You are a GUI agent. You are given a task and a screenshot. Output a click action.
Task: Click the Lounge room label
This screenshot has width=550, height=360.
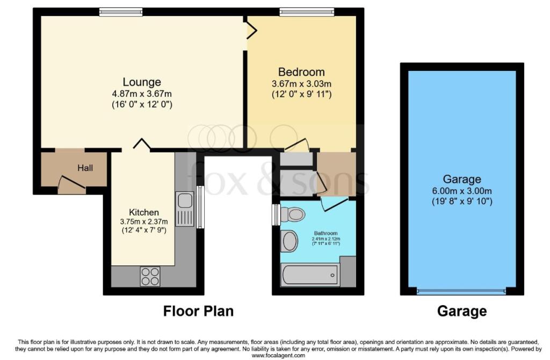[x=142, y=82]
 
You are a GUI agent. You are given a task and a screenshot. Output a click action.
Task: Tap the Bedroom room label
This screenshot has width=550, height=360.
[x=301, y=73]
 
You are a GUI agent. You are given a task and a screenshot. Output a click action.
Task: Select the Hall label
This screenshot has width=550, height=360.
[x=85, y=168]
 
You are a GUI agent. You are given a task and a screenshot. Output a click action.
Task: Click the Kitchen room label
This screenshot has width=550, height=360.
[x=144, y=212]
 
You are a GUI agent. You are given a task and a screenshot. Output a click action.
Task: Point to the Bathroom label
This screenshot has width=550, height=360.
[x=326, y=233]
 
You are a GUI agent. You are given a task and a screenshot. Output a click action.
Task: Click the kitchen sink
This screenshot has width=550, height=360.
[x=185, y=209]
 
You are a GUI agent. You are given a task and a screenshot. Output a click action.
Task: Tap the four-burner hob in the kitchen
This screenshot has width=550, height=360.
[x=150, y=276]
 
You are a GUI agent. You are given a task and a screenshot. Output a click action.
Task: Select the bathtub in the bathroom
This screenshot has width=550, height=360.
[x=310, y=275]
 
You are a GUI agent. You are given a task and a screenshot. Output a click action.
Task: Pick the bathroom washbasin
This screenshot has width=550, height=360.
[x=290, y=241]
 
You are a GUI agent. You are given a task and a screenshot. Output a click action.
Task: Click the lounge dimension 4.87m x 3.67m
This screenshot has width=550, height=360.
[x=142, y=93]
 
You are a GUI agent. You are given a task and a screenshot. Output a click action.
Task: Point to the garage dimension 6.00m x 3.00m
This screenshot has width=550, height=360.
[x=462, y=191]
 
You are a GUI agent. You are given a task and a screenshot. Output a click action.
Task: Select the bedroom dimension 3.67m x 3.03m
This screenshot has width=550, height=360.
[x=301, y=84]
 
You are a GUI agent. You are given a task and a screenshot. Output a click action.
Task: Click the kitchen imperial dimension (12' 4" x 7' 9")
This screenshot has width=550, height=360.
[x=144, y=230]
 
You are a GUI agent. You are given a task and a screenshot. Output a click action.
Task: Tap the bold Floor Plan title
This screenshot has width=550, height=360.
[x=198, y=311]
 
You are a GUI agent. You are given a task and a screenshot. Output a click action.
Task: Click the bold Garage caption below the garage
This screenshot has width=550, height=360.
[x=462, y=311]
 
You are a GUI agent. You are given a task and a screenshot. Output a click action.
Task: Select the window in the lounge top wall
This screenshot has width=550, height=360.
[x=121, y=12]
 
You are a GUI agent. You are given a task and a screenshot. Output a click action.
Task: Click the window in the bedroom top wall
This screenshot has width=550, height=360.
[x=307, y=12]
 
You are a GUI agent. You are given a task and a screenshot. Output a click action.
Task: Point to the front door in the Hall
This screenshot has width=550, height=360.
[x=72, y=184]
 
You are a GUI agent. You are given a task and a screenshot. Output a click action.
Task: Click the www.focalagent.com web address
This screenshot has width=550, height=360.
[x=279, y=356]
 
